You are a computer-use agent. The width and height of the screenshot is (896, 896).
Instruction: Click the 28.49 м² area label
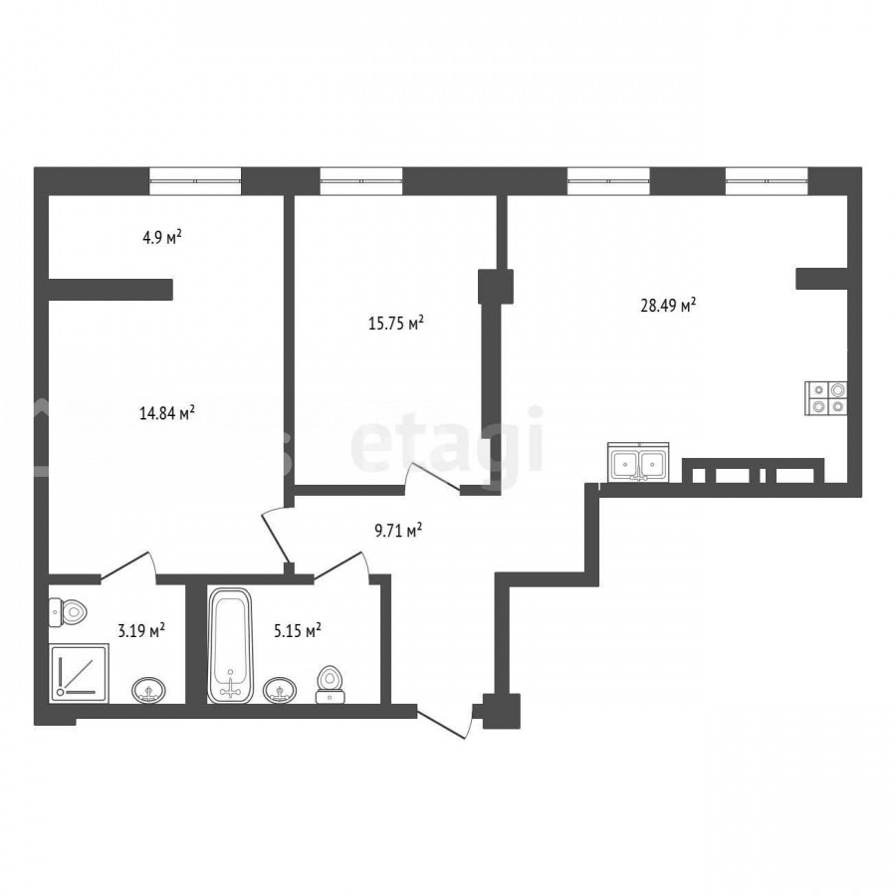point(668,306)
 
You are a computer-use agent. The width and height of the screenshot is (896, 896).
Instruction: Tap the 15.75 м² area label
point(396,324)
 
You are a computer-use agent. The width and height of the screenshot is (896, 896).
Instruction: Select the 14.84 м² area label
point(167,412)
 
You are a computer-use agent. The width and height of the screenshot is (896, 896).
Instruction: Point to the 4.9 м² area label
point(161,237)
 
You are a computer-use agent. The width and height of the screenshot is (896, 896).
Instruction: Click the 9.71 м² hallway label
point(398,531)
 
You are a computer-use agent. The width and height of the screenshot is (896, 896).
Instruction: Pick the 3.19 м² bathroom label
point(141,631)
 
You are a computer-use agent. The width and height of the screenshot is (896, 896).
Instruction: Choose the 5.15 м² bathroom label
point(297,631)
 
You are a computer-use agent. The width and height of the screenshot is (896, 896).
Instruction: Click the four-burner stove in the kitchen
point(825,397)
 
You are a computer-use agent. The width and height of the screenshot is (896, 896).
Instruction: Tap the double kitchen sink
point(638,462)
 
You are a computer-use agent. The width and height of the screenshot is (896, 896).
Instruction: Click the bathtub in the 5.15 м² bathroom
point(230,645)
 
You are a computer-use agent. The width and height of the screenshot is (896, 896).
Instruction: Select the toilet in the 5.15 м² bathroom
point(330,684)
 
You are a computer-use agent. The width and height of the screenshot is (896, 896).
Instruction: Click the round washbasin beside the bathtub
point(280,690)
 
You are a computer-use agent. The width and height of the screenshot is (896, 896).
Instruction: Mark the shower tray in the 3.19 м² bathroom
point(79,673)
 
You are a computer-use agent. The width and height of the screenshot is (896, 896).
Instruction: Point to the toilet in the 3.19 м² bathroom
point(68,612)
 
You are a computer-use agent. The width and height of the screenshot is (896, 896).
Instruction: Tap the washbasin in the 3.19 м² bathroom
point(149,690)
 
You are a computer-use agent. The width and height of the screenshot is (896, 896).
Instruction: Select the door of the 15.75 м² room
point(433,477)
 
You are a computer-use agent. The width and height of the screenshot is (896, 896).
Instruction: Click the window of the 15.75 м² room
point(361,180)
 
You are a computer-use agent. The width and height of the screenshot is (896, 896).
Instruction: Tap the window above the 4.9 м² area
point(195,180)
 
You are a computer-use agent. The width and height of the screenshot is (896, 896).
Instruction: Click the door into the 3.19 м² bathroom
point(128,567)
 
